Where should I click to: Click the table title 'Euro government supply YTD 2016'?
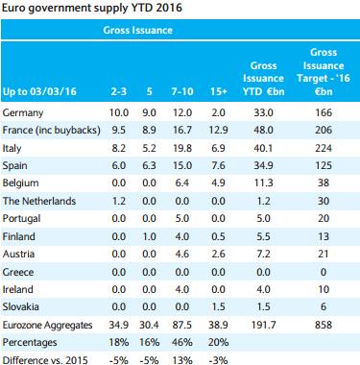[x=92, y=8]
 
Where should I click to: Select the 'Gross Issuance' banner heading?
[x=137, y=30]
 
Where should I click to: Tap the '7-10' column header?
[x=182, y=91]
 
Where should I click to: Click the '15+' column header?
[x=218, y=91]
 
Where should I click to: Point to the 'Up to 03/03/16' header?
[x=39, y=91]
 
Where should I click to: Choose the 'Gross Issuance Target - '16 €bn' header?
[x=324, y=72]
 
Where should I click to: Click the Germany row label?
[x=23, y=113]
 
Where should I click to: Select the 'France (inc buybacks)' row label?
[x=51, y=131]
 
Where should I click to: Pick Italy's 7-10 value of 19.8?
[x=182, y=148]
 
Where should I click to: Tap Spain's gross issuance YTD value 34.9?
[x=263, y=165]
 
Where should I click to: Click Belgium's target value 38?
[x=324, y=182]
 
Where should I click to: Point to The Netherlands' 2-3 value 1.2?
[x=119, y=201]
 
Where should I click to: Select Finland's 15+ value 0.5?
[x=218, y=236]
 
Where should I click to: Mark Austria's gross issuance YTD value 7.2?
[x=263, y=254]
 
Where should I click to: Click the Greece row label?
[x=18, y=272]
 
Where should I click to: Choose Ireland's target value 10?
[x=324, y=289]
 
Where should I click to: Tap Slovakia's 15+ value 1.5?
[x=218, y=306]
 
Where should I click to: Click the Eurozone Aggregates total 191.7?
[x=263, y=325]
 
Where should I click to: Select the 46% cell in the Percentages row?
[x=182, y=342]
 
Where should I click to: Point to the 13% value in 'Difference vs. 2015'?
[x=182, y=360]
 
